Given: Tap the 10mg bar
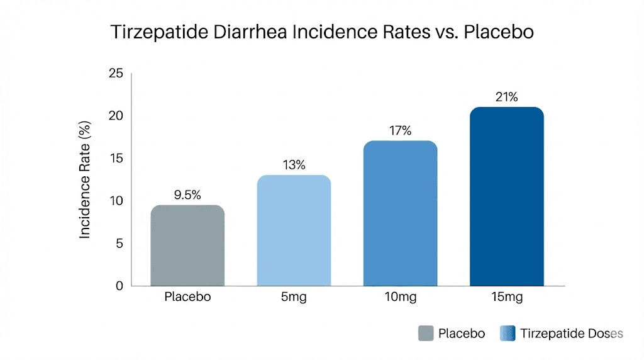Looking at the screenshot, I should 400,213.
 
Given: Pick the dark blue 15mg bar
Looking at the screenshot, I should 506,196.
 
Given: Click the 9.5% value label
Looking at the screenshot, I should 187,195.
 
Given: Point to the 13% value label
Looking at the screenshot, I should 294,165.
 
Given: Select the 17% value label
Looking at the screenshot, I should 400,131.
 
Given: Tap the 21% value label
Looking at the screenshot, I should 506,97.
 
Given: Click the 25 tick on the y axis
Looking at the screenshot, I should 116,74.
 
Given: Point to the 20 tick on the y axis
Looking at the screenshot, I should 116,116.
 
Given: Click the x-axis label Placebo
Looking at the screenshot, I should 187,296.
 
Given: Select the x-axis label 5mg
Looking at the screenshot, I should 294,296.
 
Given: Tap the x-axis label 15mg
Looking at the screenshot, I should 506,296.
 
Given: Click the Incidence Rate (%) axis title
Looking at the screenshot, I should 86,180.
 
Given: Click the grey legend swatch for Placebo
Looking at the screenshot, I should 426,334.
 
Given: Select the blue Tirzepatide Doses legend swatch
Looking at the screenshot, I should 507,334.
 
